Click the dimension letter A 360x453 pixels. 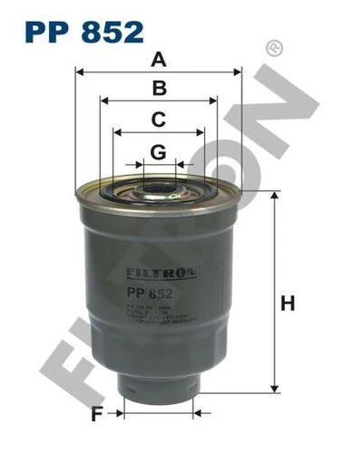(x=160, y=60)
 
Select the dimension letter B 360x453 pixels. (x=160, y=88)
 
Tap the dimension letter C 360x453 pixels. (x=159, y=119)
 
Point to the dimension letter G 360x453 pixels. (x=159, y=151)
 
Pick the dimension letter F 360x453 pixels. (x=95, y=416)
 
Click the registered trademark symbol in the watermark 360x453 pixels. (x=270, y=47)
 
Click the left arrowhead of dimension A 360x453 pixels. (x=80, y=71)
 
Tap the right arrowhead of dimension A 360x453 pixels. (x=238, y=71)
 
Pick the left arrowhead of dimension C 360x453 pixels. (x=117, y=132)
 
